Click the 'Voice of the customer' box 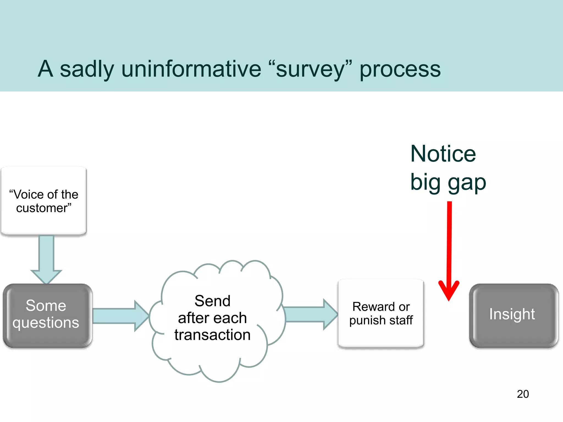click(44, 201)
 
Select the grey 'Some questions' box click(47, 315)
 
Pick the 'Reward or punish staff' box click(381, 313)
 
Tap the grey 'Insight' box click(513, 315)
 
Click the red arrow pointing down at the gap click(449, 247)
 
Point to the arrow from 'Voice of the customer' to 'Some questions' click(46, 258)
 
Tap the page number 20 click(523, 394)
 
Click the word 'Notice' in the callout click(443, 154)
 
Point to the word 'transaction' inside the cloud click(212, 335)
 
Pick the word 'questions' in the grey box click(46, 323)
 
